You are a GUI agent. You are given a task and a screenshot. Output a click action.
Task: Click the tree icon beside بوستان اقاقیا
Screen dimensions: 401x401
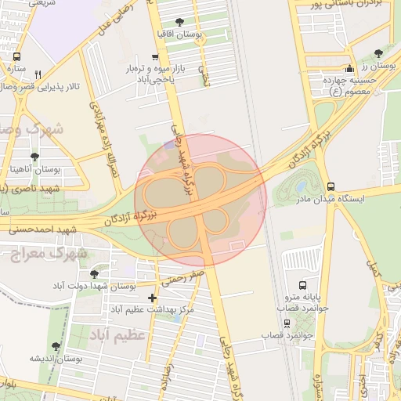coord(180,23)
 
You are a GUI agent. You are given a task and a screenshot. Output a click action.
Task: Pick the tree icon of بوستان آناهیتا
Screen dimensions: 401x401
coord(34,157)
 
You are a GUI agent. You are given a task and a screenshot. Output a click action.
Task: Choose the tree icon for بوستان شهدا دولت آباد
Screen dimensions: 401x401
coord(95,274)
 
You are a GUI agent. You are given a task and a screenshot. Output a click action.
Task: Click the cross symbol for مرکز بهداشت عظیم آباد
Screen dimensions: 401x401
coord(152,298)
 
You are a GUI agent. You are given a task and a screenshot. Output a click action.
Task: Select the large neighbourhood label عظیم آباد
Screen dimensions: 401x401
coord(119,336)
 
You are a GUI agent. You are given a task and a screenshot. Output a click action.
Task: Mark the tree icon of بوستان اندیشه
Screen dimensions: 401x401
coord(56,345)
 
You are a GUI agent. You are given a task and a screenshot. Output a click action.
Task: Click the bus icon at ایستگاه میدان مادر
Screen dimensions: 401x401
coord(331,187)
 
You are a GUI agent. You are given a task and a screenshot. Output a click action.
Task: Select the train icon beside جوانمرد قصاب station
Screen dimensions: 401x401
coord(287,323)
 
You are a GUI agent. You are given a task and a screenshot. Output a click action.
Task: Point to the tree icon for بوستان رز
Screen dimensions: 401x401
coord(379,53)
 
